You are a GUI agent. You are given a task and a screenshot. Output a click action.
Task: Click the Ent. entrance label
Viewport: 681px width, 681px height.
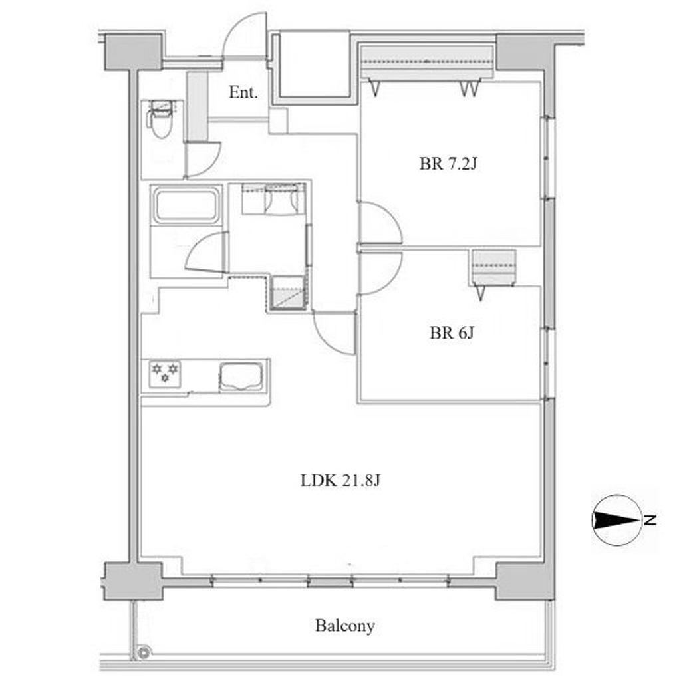click(243, 92)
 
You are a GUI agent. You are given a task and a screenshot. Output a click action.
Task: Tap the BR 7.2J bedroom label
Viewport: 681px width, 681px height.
click(448, 164)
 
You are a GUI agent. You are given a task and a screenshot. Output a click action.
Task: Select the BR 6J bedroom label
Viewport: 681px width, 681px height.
click(452, 333)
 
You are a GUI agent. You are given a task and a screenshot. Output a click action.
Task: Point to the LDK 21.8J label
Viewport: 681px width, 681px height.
click(340, 480)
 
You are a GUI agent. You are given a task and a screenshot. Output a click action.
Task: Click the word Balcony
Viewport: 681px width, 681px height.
click(345, 626)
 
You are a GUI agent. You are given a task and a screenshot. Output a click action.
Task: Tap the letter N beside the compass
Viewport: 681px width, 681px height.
click(650, 520)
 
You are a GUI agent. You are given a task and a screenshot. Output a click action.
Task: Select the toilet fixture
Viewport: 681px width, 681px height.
click(162, 118)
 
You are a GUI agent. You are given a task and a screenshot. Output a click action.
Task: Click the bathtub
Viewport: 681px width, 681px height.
click(187, 205)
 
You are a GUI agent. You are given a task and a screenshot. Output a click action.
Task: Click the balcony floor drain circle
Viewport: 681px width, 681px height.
click(143, 652)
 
